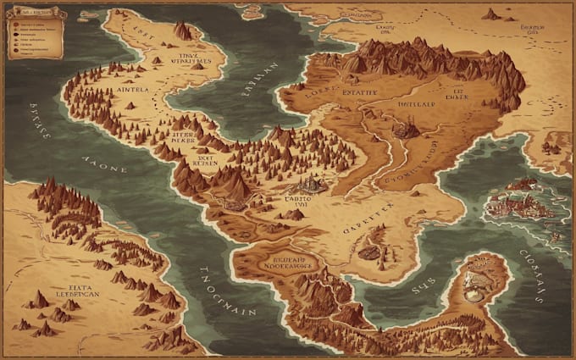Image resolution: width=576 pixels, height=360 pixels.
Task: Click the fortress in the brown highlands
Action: point(407,129)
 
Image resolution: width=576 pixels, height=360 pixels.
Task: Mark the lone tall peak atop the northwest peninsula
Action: point(183,31)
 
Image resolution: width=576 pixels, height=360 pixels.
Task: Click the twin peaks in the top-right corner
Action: point(491,14)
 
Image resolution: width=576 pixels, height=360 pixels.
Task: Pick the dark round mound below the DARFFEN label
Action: point(368,252)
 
